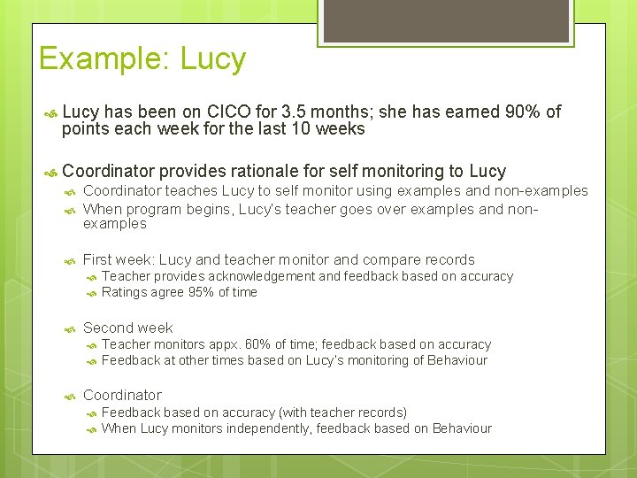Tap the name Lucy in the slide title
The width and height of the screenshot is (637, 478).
tap(212, 60)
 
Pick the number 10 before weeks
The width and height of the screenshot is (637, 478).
tap(309, 129)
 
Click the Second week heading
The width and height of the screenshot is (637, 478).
tap(127, 328)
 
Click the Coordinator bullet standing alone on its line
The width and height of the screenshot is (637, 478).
tap(122, 395)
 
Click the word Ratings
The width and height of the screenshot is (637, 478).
tap(125, 292)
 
